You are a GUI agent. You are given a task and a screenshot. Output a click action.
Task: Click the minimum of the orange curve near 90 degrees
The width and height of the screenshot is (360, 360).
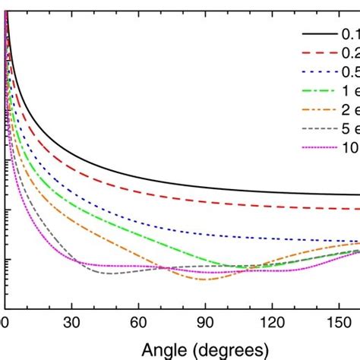tap(204, 279)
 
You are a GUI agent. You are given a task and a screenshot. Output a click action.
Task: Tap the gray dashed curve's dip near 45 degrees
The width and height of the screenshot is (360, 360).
tap(106, 273)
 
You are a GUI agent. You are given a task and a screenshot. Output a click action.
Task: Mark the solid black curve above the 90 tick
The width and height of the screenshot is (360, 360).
tap(204, 179)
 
